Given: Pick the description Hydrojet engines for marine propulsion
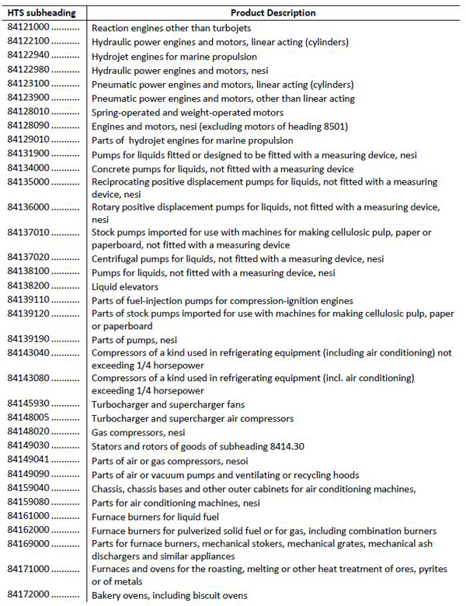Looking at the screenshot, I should click(x=175, y=57).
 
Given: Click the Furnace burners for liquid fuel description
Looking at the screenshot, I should click(x=155, y=516).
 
